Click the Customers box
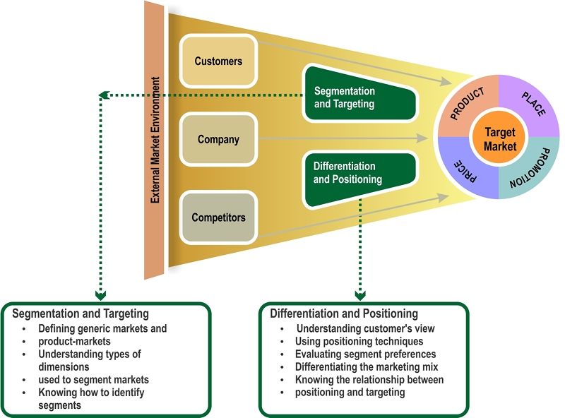[x=218, y=61]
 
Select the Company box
[x=218, y=140]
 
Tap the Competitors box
[x=218, y=217]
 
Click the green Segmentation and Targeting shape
[x=353, y=98]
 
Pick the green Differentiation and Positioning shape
[x=353, y=173]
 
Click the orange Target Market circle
[x=499, y=140]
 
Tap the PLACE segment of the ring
[x=531, y=103]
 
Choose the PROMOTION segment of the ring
[x=535, y=172]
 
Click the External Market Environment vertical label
[x=155, y=139]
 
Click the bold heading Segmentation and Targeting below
[x=81, y=313]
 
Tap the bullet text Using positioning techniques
[x=359, y=342]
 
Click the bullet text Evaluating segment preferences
[x=365, y=354]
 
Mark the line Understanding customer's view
[x=365, y=329]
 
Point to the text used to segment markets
[x=94, y=380]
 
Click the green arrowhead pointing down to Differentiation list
[x=361, y=294]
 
